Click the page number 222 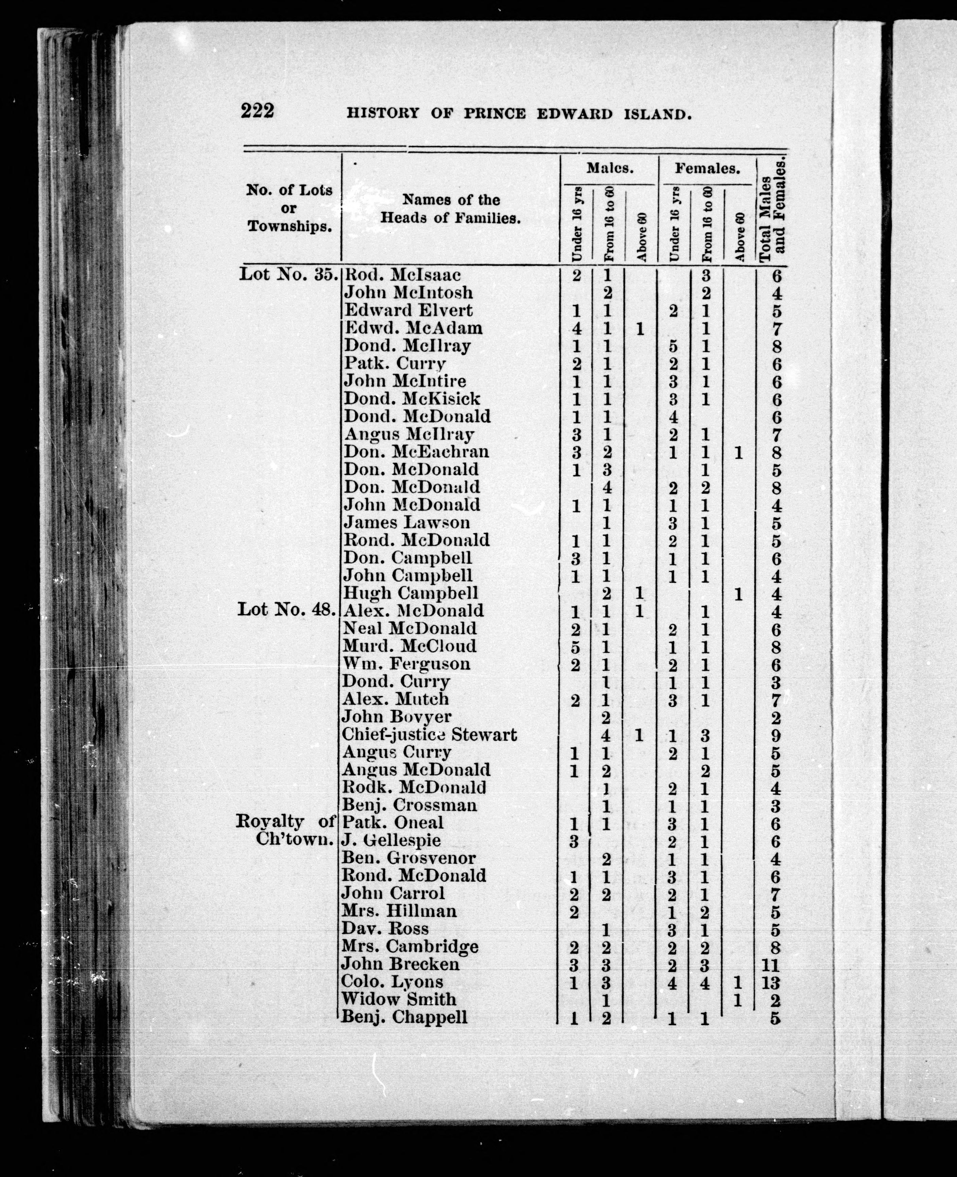click(x=257, y=111)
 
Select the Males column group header click(x=609, y=168)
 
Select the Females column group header click(x=707, y=169)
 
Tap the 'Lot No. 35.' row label click(x=288, y=274)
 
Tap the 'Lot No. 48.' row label click(x=286, y=610)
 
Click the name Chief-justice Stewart click(x=430, y=735)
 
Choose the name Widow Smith click(x=399, y=999)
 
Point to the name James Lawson click(x=407, y=522)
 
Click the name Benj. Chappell click(x=404, y=1017)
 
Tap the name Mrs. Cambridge click(x=410, y=947)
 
